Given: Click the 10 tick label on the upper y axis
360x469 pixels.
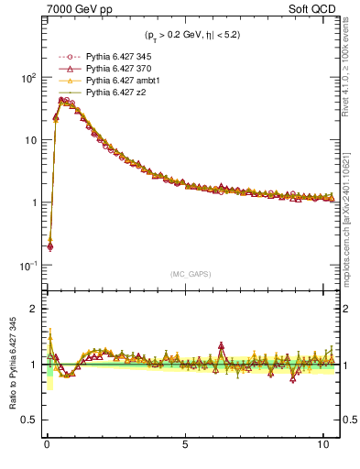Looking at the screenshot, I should click(28, 140).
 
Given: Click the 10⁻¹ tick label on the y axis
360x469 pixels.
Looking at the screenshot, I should click(26, 266).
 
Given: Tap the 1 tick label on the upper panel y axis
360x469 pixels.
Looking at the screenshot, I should click(32, 203).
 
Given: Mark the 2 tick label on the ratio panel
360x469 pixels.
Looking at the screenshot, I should click(32, 309).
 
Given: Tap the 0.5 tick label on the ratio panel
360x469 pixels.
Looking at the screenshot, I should click(27, 420).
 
